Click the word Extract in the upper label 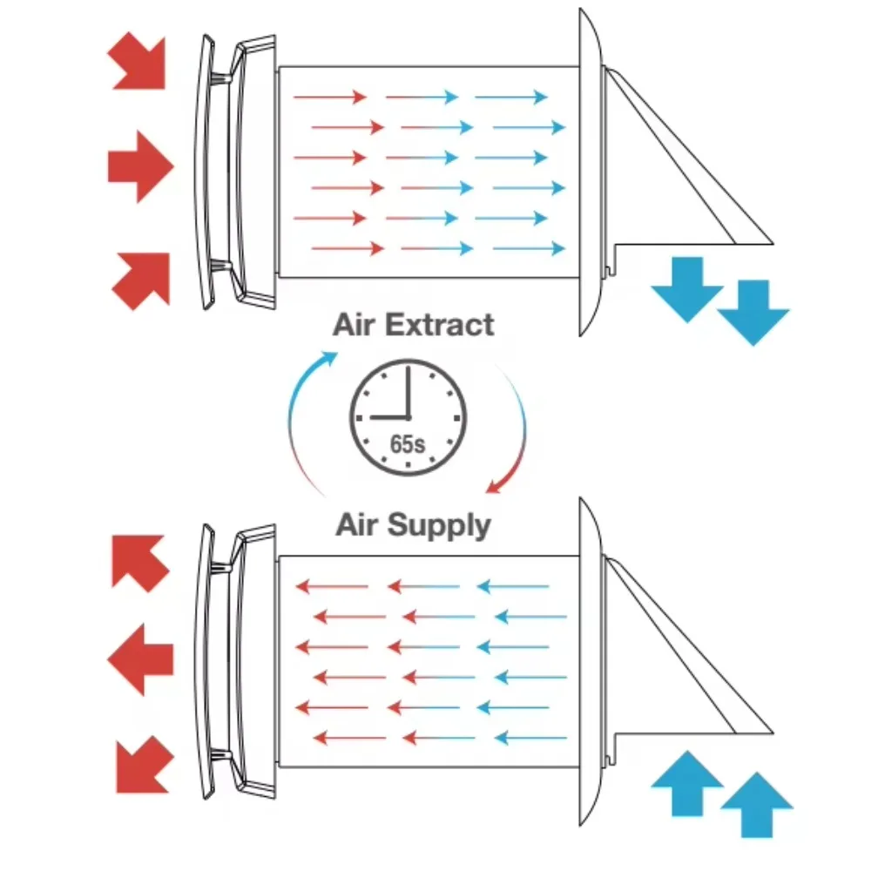(x=439, y=324)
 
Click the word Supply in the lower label (x=439, y=525)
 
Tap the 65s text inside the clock (x=407, y=444)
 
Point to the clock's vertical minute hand (x=408, y=391)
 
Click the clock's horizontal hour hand (x=389, y=416)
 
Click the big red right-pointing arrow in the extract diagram (x=140, y=166)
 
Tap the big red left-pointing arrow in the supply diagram (x=140, y=659)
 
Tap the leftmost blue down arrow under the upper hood (x=687, y=289)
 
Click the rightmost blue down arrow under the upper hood (x=753, y=312)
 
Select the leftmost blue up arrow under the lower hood (x=687, y=783)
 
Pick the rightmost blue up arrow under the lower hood (x=757, y=805)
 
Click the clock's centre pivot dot (x=408, y=416)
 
